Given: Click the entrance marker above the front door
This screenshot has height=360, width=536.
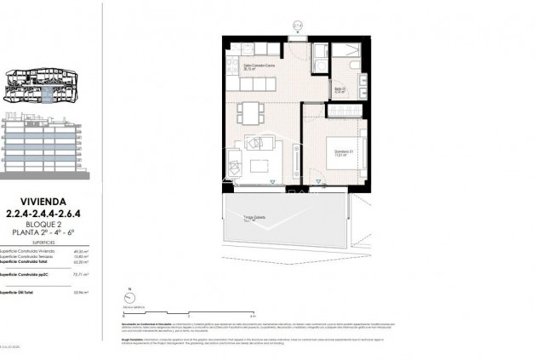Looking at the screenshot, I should (297, 26).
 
